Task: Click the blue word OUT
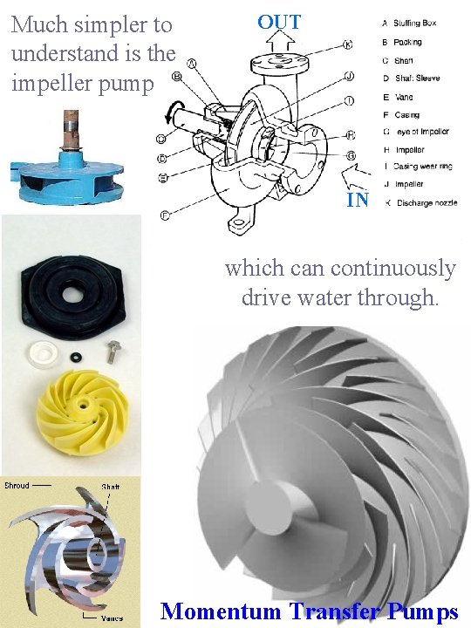[x=278, y=22]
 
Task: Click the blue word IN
[x=358, y=200]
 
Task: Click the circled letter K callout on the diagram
[x=348, y=44]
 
